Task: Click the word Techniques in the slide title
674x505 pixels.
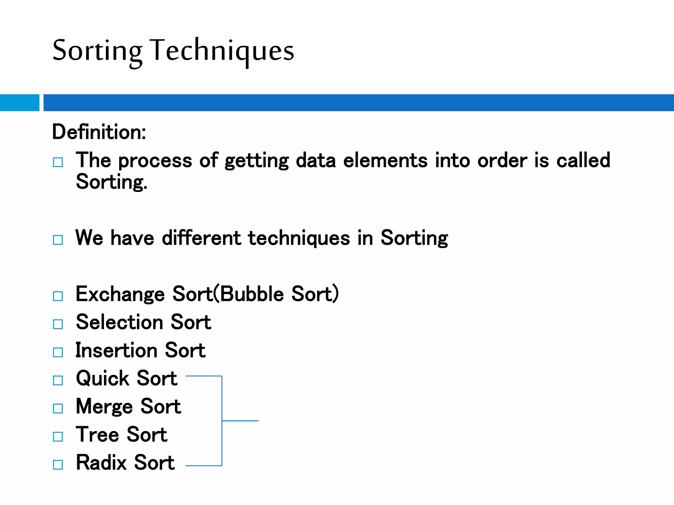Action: (222, 51)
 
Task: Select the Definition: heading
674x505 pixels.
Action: (99, 132)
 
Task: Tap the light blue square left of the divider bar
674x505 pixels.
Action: (19, 103)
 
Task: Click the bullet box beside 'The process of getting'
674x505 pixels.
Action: (58, 162)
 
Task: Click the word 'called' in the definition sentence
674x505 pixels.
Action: (583, 160)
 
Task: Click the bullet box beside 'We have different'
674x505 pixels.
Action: (58, 240)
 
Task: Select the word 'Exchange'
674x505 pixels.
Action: (120, 294)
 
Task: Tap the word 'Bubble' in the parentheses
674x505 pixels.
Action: (252, 294)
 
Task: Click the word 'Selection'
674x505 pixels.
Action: (119, 322)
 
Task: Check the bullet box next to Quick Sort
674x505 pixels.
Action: (58, 380)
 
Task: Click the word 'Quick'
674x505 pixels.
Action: (102, 378)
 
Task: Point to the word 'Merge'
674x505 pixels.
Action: (104, 407)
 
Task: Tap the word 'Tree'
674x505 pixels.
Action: (97, 435)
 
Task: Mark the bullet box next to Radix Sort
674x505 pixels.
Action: (58, 465)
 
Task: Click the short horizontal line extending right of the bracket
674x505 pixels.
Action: (241, 421)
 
